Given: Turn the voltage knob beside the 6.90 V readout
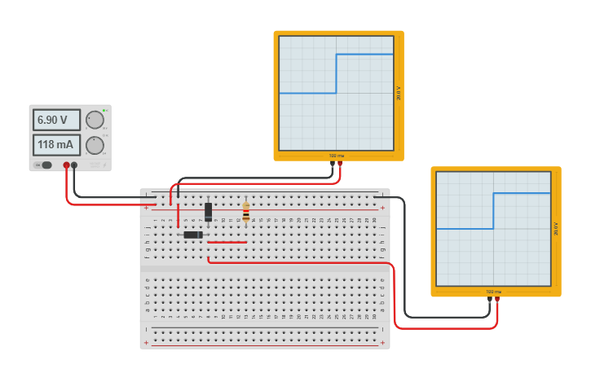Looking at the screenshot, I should [x=95, y=121].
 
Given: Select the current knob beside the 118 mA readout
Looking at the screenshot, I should [x=95, y=146].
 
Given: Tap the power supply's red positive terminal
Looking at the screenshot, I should [x=67, y=165].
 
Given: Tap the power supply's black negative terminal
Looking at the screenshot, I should [x=75, y=165].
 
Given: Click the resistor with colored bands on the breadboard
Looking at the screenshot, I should [x=246, y=212].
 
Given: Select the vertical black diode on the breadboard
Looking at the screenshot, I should [x=209, y=211].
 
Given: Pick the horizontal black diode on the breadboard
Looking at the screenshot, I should [x=193, y=235].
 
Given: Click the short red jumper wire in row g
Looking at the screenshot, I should [x=227, y=242].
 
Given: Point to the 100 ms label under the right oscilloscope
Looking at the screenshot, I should [x=493, y=292].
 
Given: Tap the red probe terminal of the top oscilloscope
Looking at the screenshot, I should [x=340, y=164].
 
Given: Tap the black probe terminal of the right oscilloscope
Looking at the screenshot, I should [x=490, y=300].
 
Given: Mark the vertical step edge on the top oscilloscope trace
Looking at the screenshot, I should [x=337, y=73].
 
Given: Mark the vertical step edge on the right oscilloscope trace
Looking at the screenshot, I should [x=494, y=210].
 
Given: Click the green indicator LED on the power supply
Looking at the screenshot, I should [x=104, y=110].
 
